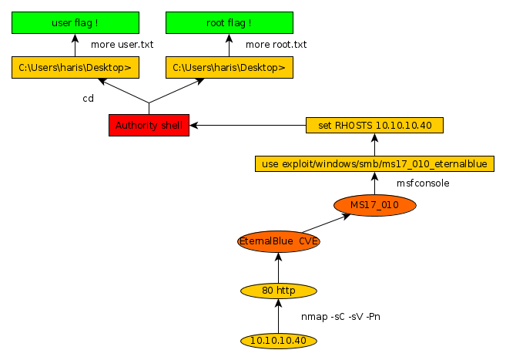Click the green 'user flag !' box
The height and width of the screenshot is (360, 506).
pos(75,22)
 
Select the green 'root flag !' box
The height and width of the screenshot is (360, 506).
pos(229,22)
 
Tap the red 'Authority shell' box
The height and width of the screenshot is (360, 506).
pos(149,125)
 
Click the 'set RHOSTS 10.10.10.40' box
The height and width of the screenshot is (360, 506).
pos(374,125)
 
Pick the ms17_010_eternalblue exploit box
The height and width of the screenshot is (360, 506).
pos(374,163)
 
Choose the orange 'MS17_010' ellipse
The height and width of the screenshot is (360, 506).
pos(374,205)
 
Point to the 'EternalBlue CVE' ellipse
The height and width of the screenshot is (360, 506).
pos(279,241)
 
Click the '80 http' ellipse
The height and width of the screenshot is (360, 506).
pos(279,291)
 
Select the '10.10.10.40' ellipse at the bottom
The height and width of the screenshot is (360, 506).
pos(279,340)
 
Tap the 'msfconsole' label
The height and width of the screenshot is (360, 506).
pos(423,183)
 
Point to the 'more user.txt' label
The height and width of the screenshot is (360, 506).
pos(122,45)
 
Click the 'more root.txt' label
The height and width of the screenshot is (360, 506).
pos(276,45)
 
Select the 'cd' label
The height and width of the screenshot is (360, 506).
pos(88,99)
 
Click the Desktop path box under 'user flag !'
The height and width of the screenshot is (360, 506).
pos(75,68)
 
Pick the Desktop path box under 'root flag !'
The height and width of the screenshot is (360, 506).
pos(229,68)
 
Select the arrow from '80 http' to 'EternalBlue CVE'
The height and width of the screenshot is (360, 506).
pos(279,267)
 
